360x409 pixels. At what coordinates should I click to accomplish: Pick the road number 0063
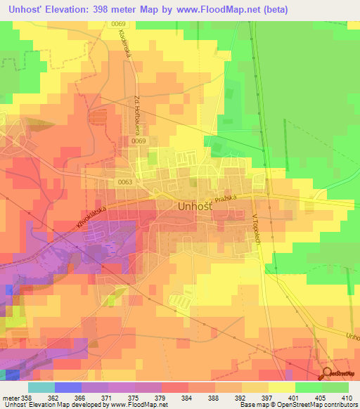pyautogui.click(x=126, y=181)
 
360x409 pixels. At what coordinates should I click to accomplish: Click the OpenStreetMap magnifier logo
pyautogui.click(x=327, y=374)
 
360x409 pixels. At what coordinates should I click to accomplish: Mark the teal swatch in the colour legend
pyautogui.click(x=41, y=387)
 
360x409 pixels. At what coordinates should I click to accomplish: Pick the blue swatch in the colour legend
pyautogui.click(x=67, y=387)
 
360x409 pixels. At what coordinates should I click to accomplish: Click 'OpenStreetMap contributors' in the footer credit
pyautogui.click(x=319, y=405)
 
